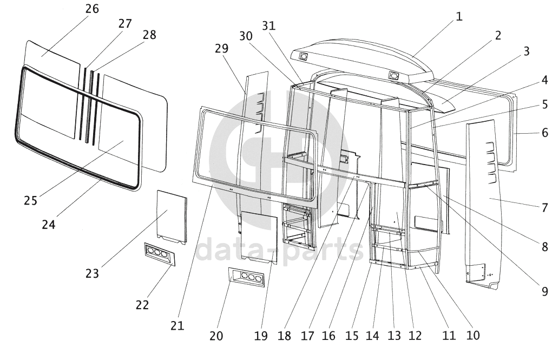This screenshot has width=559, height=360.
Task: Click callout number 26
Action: (x=92, y=9)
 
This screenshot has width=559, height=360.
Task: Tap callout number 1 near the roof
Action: (x=459, y=16)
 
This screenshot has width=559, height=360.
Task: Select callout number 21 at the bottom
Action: (x=177, y=325)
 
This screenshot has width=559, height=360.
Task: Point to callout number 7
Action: (x=544, y=207)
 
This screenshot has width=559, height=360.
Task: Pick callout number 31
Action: (x=269, y=25)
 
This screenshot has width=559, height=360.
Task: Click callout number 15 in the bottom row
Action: (x=352, y=336)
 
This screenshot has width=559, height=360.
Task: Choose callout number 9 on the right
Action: (x=544, y=291)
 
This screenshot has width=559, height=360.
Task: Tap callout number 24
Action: (x=49, y=225)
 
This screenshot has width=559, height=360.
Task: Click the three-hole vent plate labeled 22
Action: (x=160, y=254)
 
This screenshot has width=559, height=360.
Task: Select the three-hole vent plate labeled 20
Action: (x=247, y=277)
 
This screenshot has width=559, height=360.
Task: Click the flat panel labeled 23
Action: (x=172, y=217)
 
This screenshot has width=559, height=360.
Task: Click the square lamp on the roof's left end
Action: (x=304, y=56)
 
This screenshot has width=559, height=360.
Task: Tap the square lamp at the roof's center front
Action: (x=393, y=76)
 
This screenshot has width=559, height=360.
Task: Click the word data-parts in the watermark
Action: (x=279, y=251)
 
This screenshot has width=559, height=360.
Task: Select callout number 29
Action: (x=221, y=48)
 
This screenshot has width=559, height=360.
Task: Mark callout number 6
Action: (x=544, y=133)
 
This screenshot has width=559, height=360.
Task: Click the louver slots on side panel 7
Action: (x=491, y=163)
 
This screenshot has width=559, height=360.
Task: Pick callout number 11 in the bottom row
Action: (x=449, y=336)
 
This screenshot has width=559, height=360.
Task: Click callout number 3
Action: (x=526, y=51)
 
